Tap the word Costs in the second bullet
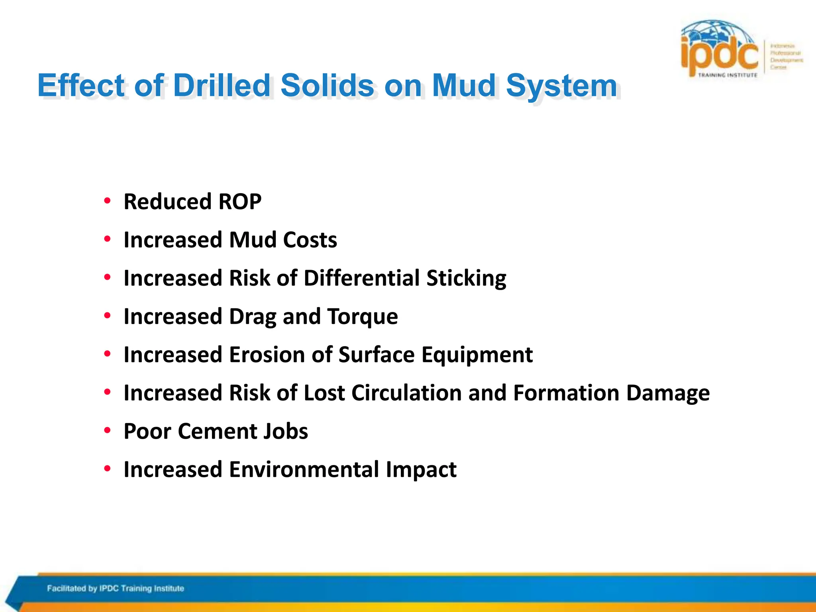pyautogui.click(x=310, y=240)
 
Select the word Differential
pyautogui.click(x=361, y=278)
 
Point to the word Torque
pyautogui.click(x=363, y=316)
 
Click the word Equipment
pyautogui.click(x=477, y=355)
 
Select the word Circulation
pyautogui.click(x=406, y=393)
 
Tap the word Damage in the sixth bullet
pyautogui.click(x=668, y=393)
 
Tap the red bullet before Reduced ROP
pyautogui.click(x=107, y=201)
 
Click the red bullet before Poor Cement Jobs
pyautogui.click(x=107, y=431)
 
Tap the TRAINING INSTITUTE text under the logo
pyautogui.click(x=728, y=75)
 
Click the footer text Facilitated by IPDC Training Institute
pyautogui.click(x=116, y=588)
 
